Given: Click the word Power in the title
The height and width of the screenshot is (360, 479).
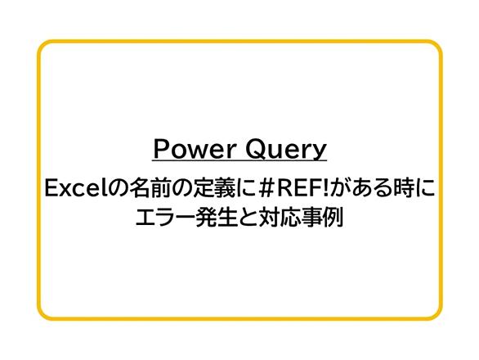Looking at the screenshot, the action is click(195, 148).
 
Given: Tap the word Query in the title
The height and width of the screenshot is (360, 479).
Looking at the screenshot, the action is click(286, 149).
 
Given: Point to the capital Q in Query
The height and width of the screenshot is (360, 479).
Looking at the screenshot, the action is click(257, 149).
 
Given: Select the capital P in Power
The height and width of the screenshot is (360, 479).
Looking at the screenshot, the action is click(161, 148).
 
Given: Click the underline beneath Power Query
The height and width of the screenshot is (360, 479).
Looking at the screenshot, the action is click(239, 160).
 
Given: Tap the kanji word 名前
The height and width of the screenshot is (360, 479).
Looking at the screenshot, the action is click(150, 188).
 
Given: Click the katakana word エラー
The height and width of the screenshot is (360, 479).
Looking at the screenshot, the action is click(165, 218).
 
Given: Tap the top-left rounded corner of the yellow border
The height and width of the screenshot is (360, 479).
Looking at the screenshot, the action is click(43, 46).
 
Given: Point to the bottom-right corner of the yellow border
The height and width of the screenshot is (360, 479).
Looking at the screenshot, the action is click(436, 314).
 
